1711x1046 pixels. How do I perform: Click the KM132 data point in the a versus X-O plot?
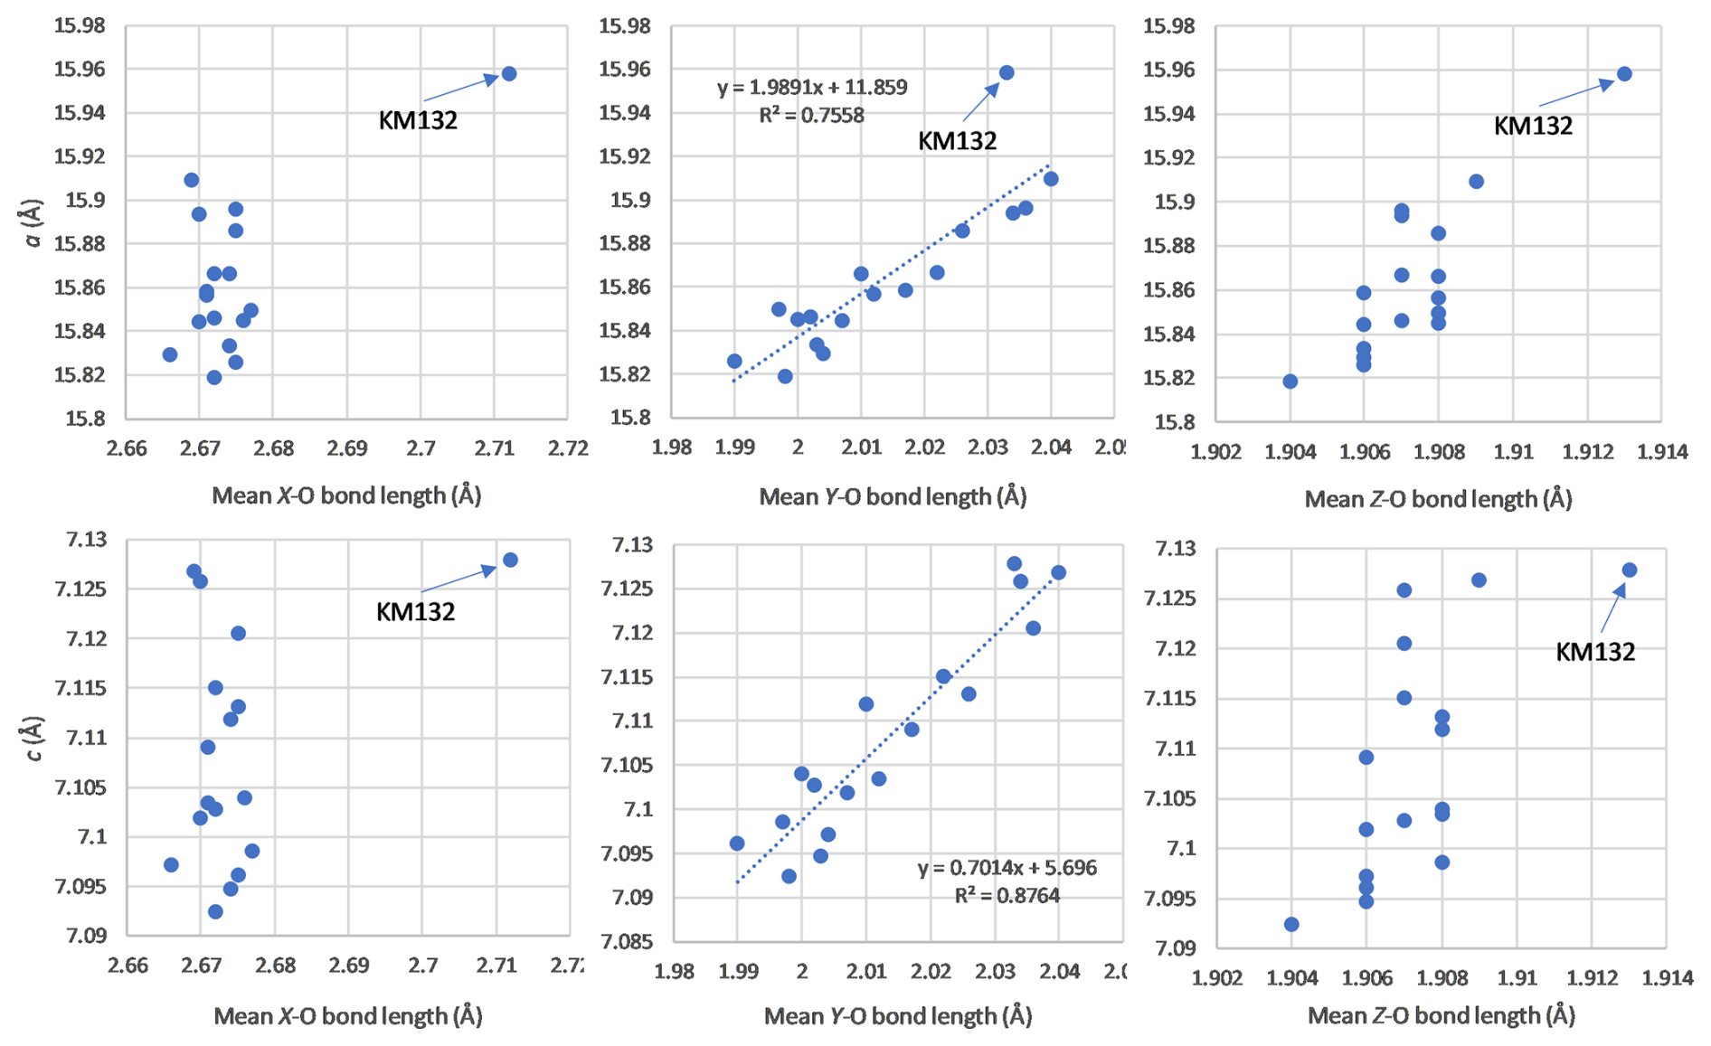(x=509, y=73)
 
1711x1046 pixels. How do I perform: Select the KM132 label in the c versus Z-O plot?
(x=1594, y=652)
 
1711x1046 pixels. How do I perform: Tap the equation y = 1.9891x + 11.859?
(x=811, y=88)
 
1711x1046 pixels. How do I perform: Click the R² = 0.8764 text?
(x=1007, y=895)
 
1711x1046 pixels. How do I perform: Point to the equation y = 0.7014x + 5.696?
(x=1007, y=868)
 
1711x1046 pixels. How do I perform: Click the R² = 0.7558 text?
(x=811, y=116)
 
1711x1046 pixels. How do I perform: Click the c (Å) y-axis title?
(x=33, y=739)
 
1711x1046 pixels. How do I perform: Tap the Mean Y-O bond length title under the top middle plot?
(x=893, y=496)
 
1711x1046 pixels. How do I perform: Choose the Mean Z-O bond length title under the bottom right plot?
(x=1441, y=1015)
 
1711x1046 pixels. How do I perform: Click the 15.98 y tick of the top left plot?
(x=80, y=25)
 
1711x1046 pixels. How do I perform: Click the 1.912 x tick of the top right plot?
(x=1589, y=451)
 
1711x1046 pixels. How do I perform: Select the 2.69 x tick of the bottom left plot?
(x=349, y=966)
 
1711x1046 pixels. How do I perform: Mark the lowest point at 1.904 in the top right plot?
(x=1290, y=382)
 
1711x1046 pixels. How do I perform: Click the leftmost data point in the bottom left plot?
(x=171, y=865)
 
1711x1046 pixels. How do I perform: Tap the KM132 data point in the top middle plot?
(x=1007, y=72)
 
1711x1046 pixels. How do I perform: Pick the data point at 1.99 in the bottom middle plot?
(x=737, y=843)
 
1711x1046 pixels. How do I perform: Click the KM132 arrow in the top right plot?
(x=1575, y=94)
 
